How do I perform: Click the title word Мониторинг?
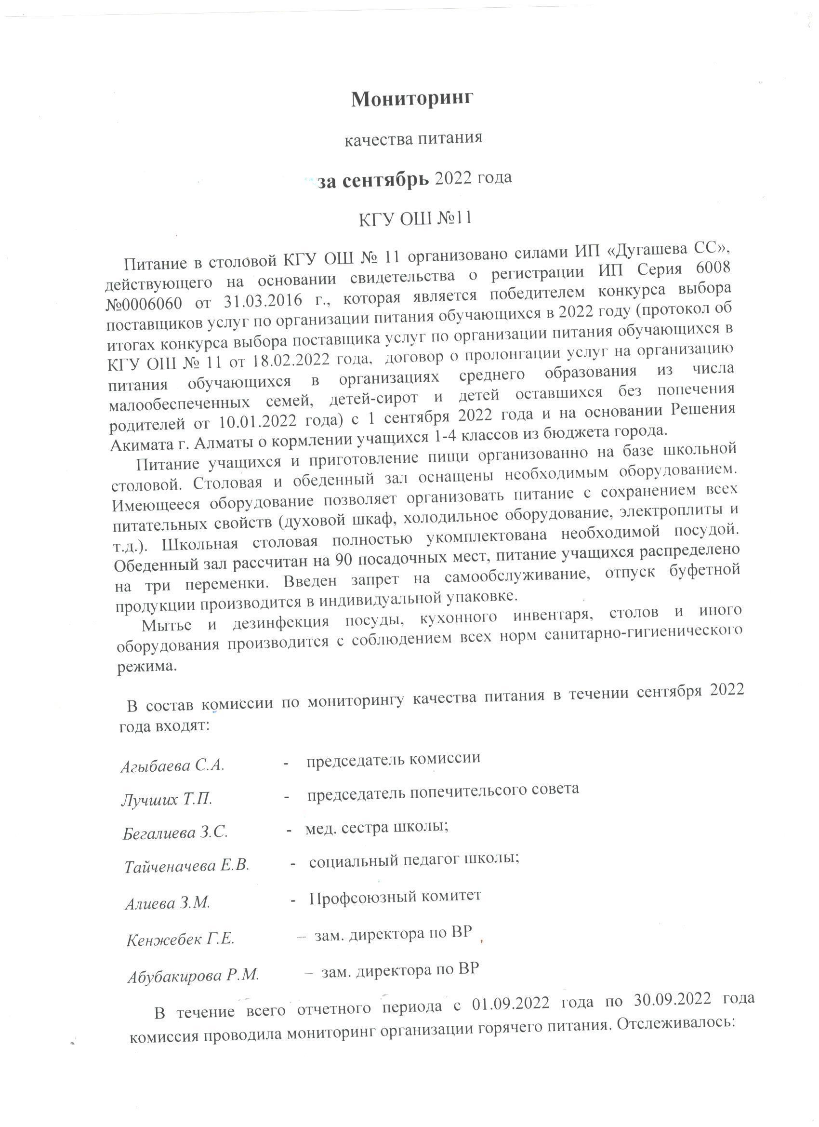point(412,99)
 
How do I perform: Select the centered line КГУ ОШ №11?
point(415,219)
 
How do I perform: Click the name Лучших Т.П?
point(167,800)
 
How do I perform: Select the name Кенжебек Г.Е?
point(180,940)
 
